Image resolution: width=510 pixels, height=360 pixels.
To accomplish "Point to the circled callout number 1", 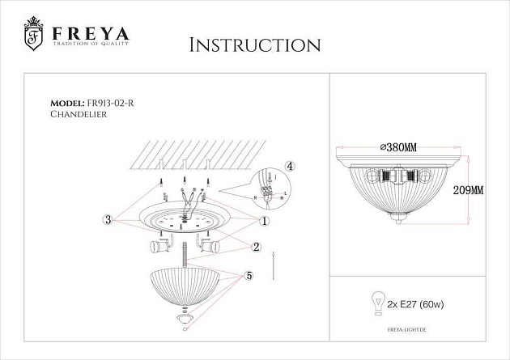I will (264, 220).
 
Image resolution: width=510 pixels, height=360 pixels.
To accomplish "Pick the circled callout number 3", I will (108, 219).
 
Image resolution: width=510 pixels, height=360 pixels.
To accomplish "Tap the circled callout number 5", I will (249, 276).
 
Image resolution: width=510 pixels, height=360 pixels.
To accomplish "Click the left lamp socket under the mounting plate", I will (158, 245).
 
